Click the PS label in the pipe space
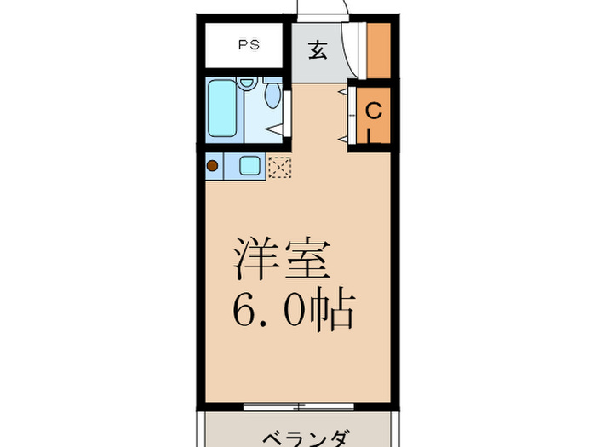tap(249, 44)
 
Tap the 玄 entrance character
tap(317, 50)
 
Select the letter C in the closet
tap(373, 111)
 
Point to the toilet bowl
tap(272, 95)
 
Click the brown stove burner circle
tap(213, 166)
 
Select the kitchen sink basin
tap(250, 166)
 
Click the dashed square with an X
tap(279, 166)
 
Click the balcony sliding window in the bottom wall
tap(296, 404)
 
